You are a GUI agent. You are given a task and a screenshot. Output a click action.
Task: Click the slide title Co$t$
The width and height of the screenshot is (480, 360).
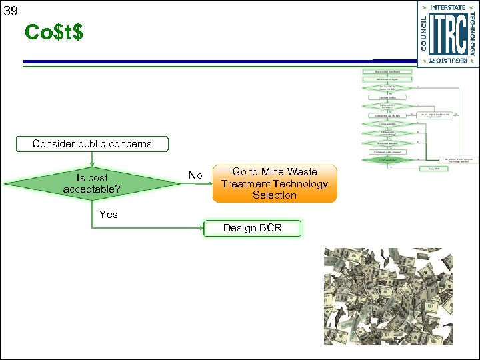(x=54, y=31)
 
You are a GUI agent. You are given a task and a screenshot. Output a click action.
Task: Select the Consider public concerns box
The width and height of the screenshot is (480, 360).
(x=92, y=143)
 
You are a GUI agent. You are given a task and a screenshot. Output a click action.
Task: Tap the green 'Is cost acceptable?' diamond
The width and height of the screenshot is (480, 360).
(x=92, y=183)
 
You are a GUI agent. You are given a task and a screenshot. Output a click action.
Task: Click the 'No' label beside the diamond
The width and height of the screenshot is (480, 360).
(x=195, y=175)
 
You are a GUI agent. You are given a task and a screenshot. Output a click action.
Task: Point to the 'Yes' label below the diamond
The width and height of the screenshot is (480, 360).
(x=108, y=214)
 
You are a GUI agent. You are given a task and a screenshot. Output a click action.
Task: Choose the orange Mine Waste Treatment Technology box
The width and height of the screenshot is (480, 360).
(x=275, y=183)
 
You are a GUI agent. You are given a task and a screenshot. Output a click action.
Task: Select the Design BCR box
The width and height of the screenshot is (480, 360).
(x=252, y=228)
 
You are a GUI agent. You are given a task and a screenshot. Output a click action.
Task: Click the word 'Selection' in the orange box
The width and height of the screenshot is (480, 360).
(x=275, y=195)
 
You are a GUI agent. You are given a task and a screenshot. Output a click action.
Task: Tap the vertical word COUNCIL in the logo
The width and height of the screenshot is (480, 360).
(x=424, y=33)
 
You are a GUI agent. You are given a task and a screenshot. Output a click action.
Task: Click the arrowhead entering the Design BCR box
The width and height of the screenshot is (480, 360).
(x=201, y=228)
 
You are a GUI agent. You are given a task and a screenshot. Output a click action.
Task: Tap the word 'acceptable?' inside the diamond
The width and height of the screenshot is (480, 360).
(x=92, y=189)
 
